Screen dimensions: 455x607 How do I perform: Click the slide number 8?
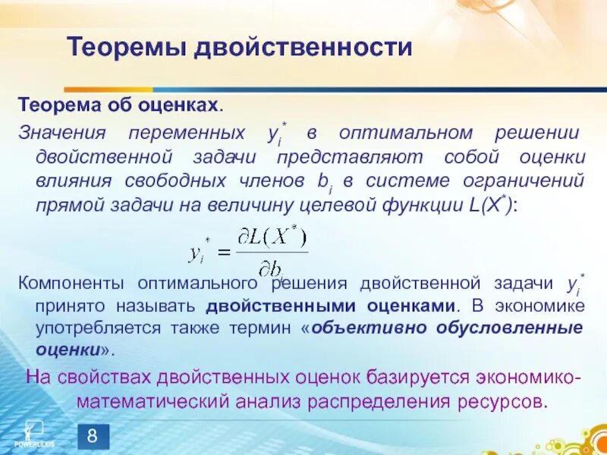tap(93, 436)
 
